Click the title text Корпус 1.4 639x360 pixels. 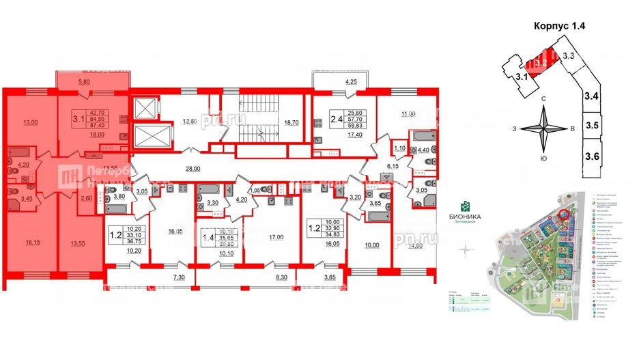559,25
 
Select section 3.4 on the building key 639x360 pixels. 591,96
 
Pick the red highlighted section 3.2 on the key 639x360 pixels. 541,62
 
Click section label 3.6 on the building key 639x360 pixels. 591,156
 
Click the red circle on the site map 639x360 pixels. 563,216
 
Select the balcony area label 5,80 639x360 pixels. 83,82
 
